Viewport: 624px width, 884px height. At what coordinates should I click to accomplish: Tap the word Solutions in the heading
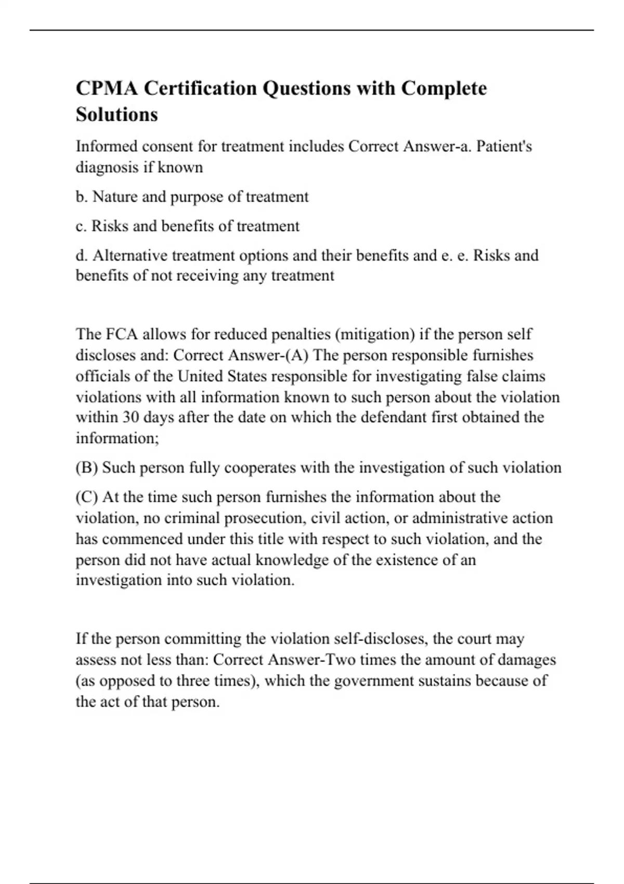tap(116, 114)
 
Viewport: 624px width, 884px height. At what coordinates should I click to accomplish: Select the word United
tap(199, 376)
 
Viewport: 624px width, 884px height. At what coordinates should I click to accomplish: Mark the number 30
tap(131, 418)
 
